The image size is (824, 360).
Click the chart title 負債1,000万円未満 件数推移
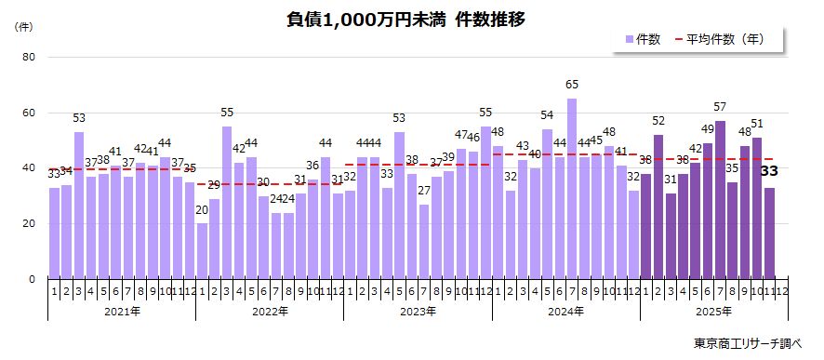(412, 20)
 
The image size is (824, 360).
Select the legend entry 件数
(643, 39)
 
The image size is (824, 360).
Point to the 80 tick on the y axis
(28, 58)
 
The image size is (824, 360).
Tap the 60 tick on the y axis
(28, 113)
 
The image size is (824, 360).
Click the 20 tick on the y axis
(28, 224)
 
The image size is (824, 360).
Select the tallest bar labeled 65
(572, 188)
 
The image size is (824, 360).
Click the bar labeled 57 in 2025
(720, 200)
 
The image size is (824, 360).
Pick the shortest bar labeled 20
(202, 251)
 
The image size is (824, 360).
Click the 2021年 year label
(122, 312)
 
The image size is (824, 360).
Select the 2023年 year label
(418, 312)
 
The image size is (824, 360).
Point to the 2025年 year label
(714, 312)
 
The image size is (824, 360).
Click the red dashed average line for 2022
(270, 184)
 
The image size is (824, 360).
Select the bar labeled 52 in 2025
(658, 207)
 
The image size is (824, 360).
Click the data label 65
(572, 85)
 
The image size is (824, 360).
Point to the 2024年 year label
(565, 312)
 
